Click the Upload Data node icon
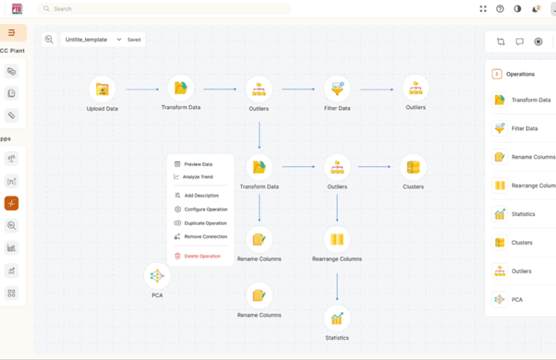click(102, 89)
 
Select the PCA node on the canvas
click(157, 276)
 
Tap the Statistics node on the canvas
click(337, 318)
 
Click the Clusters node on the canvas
click(413, 167)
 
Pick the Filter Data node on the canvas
click(337, 89)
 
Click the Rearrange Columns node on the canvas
click(337, 239)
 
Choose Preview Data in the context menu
click(198, 164)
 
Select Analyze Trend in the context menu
click(198, 177)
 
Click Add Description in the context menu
click(201, 196)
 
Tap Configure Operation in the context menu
click(206, 209)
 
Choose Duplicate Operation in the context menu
click(205, 223)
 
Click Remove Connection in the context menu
click(205, 236)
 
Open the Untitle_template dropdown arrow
click(119, 39)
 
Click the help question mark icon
click(500, 9)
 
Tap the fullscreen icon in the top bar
click(483, 9)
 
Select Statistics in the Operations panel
click(523, 215)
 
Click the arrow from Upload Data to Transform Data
click(142, 89)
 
